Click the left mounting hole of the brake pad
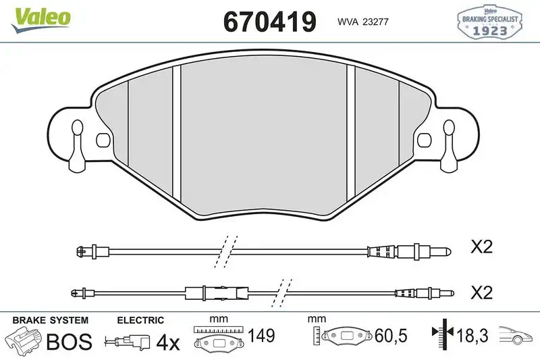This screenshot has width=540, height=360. pos(103,140)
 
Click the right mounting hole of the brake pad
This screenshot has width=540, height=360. pos(425,140)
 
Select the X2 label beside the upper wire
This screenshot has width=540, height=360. pos(481,248)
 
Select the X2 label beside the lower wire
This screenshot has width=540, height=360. pos(481,293)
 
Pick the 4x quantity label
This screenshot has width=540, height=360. pos(167,342)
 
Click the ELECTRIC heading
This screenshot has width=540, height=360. pos(140,320)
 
